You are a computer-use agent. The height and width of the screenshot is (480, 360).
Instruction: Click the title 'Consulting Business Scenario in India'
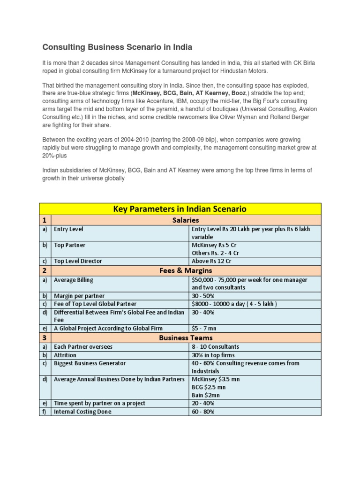(117, 47)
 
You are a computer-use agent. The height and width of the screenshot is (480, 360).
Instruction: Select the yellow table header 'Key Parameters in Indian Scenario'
(180, 209)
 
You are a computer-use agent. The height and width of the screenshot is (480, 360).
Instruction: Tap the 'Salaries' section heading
(186, 220)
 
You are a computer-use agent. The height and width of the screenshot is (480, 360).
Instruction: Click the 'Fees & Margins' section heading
(186, 270)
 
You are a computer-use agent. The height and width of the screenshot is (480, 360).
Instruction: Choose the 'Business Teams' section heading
(186, 337)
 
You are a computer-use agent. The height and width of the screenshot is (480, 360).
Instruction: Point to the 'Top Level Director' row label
(78, 261)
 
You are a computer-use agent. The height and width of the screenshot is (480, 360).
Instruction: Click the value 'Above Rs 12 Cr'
(211, 261)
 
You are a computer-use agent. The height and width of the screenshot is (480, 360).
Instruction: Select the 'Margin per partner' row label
(79, 296)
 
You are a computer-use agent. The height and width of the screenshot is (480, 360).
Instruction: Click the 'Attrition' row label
(65, 355)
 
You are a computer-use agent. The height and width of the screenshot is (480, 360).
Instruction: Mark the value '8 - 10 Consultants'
(215, 347)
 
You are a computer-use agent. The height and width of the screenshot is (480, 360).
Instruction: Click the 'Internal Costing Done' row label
(83, 412)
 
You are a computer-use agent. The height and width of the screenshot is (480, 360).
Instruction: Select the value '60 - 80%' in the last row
(203, 412)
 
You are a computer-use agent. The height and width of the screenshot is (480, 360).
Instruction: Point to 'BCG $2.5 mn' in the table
(209, 387)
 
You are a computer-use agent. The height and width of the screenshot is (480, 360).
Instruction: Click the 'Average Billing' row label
(74, 280)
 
